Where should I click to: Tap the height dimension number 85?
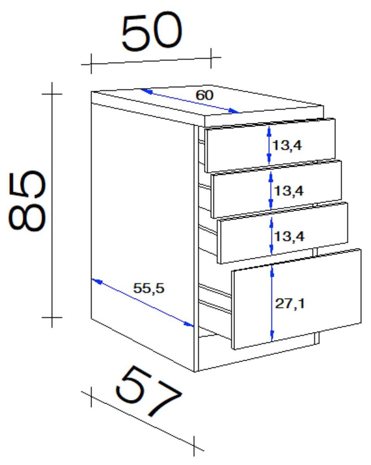tap(27, 201)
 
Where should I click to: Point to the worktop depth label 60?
tap(204, 95)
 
